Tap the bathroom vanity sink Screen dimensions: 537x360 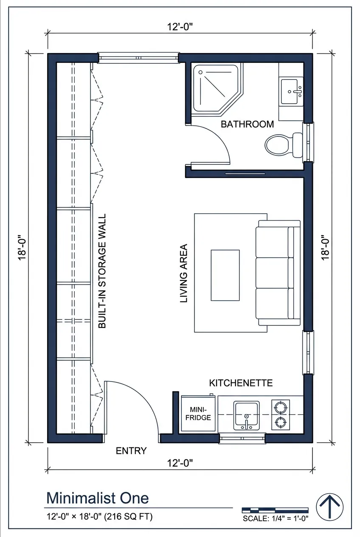click(x=292, y=91)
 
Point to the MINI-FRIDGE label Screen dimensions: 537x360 click(x=198, y=413)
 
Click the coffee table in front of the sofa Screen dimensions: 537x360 click(x=225, y=275)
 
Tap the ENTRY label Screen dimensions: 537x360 click(x=131, y=451)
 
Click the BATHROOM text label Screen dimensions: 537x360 click(x=247, y=124)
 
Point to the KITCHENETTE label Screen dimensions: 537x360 click(x=241, y=383)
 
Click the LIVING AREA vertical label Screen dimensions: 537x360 click(x=184, y=273)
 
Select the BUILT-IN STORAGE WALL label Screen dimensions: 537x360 click(x=102, y=271)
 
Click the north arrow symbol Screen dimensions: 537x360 click(x=330, y=506)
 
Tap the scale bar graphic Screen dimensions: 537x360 click(x=275, y=510)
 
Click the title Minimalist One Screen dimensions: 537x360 click(x=97, y=497)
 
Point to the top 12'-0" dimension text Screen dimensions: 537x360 click(x=180, y=27)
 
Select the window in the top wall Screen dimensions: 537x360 click(x=138, y=58)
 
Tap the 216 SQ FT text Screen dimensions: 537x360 click(x=129, y=517)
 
